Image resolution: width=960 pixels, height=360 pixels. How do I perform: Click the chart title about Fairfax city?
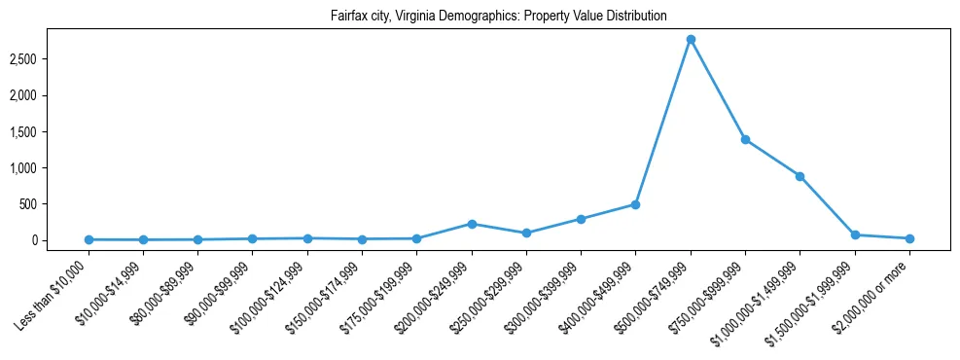480,17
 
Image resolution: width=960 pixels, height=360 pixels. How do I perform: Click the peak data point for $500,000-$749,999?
690,40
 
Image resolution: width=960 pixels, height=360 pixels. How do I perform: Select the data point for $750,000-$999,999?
745,139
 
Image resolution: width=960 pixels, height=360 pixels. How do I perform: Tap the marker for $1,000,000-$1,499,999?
800,176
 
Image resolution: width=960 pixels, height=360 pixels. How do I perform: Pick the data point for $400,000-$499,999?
635,204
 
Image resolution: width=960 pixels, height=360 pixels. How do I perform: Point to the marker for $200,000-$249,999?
472,224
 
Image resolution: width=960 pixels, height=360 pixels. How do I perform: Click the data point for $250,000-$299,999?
526,234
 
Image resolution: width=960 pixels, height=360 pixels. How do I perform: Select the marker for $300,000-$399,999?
581,219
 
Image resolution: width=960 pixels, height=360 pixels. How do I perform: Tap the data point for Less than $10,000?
89,239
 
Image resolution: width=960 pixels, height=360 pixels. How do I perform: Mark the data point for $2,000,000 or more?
908,238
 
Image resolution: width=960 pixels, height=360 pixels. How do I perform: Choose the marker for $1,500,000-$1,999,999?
854,234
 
